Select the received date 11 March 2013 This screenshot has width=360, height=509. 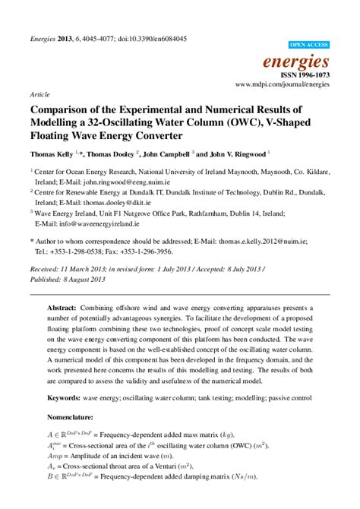click(83, 269)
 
